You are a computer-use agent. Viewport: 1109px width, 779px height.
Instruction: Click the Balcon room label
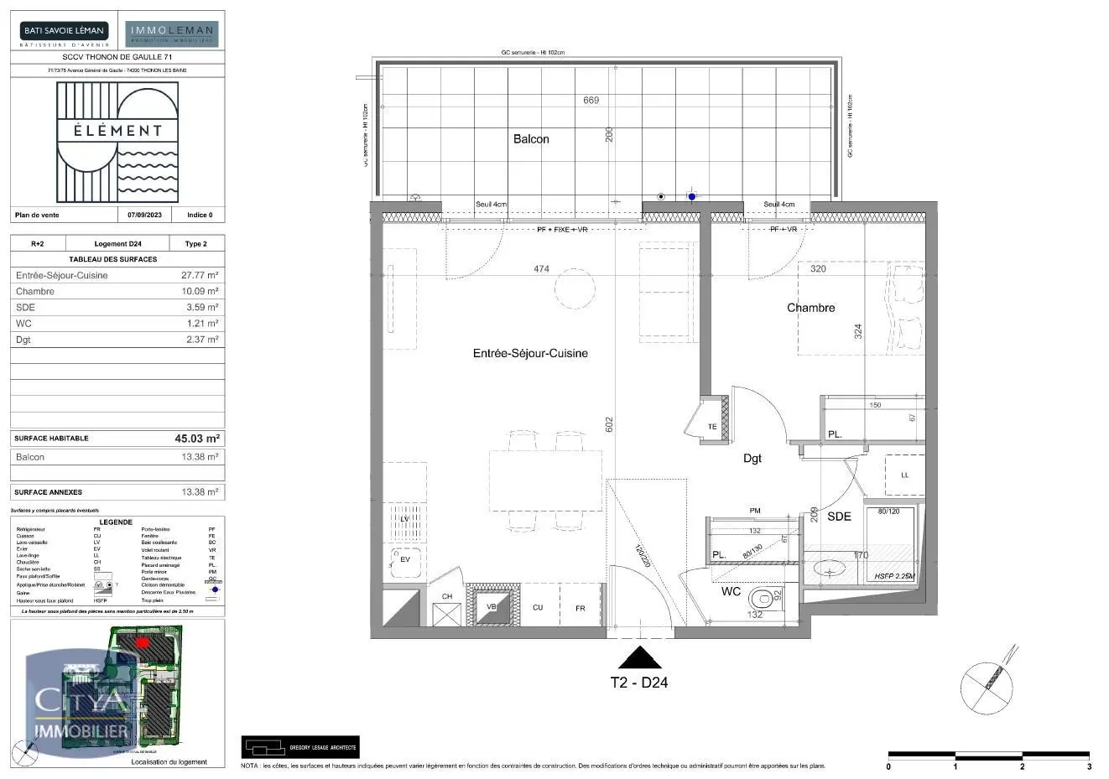[531, 139]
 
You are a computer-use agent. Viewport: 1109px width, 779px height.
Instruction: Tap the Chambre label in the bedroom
[810, 308]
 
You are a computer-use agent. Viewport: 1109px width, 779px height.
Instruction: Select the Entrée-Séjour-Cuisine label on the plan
[530, 354]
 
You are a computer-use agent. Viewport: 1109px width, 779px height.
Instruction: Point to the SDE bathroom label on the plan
[839, 517]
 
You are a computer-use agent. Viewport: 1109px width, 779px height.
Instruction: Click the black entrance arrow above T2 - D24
[640, 657]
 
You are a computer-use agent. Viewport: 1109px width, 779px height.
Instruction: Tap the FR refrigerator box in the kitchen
[580, 608]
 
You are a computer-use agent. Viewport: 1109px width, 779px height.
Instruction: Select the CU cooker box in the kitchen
[538, 608]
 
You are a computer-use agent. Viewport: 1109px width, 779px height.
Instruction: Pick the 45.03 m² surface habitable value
[197, 439]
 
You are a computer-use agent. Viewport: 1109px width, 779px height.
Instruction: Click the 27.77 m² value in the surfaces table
[200, 275]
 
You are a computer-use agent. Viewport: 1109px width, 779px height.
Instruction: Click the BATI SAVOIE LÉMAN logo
[64, 32]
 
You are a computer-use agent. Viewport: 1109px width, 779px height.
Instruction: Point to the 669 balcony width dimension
[591, 101]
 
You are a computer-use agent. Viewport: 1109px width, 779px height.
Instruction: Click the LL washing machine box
[905, 475]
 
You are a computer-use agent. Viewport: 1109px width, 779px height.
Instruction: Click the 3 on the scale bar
[1089, 766]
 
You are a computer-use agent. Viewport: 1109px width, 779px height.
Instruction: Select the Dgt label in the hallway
[752, 459]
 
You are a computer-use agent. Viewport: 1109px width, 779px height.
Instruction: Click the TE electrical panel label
[712, 427]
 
